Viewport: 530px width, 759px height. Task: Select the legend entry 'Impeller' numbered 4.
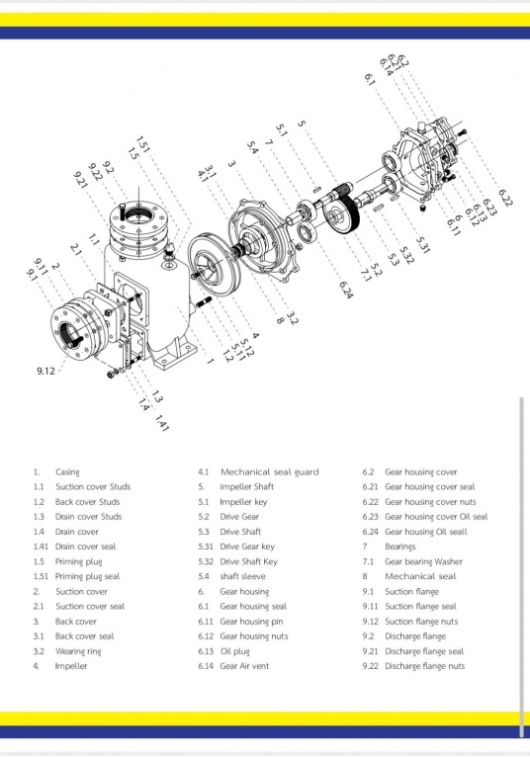point(71,667)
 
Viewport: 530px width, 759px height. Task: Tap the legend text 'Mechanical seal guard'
point(269,472)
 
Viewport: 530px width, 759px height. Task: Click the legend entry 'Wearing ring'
point(81,652)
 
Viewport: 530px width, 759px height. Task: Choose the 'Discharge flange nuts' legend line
point(424,667)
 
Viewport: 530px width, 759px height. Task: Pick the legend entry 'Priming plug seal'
point(87,577)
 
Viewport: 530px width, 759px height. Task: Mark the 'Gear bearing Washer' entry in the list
point(423,562)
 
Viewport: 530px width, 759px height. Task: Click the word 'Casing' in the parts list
point(67,472)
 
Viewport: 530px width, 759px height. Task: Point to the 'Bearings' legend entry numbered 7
point(400,547)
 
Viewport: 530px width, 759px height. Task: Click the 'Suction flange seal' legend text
point(420,607)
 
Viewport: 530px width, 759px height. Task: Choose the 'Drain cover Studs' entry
point(88,517)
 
